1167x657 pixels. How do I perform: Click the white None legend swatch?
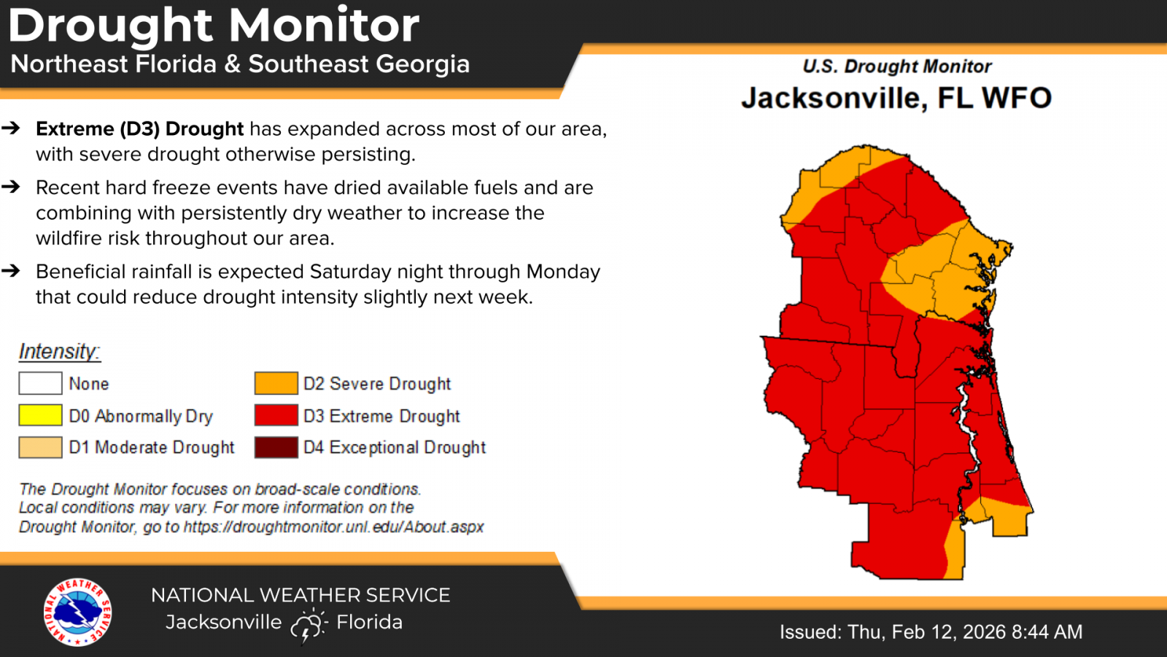click(x=40, y=383)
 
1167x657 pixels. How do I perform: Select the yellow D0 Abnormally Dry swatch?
click(x=40, y=415)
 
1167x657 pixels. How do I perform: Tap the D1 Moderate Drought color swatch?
click(x=40, y=447)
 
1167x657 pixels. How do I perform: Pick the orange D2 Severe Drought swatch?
click(x=276, y=383)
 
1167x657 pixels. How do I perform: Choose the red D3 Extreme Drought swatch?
click(x=276, y=415)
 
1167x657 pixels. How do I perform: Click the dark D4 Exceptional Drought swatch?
click(x=276, y=447)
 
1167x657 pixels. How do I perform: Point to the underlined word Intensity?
click(x=59, y=352)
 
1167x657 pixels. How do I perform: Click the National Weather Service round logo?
click(x=77, y=612)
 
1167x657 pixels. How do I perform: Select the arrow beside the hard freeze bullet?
click(x=11, y=188)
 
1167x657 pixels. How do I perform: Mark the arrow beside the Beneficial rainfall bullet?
click(x=11, y=272)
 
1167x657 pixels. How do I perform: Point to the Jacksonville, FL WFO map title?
click(x=896, y=99)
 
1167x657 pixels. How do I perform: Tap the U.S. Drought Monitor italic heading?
click(x=896, y=66)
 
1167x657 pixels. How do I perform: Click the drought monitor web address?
click(x=333, y=527)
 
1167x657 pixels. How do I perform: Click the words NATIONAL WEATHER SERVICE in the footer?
click(x=301, y=596)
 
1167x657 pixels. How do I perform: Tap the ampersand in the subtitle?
click(x=233, y=64)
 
